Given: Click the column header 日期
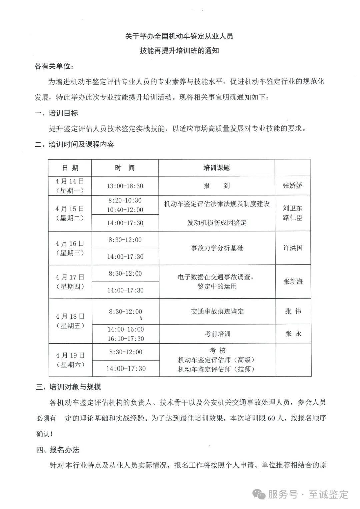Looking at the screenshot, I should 70,168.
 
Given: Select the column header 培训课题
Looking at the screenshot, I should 217,168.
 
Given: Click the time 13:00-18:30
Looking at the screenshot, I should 125,186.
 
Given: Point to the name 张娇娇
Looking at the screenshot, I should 292,185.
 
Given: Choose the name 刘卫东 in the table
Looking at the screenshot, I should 292,208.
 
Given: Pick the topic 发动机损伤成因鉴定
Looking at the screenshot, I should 217,223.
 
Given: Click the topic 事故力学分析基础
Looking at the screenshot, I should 217,248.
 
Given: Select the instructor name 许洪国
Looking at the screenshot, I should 293,248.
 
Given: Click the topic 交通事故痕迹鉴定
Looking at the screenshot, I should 217,311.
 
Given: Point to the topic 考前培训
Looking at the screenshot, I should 217,334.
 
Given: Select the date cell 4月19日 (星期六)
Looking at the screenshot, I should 70,360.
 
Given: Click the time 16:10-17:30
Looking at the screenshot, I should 126,339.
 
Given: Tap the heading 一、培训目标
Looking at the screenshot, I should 56,113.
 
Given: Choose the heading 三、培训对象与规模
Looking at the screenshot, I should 68,387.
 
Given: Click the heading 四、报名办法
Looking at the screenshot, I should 58,450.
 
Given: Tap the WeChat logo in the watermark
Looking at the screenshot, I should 259,494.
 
